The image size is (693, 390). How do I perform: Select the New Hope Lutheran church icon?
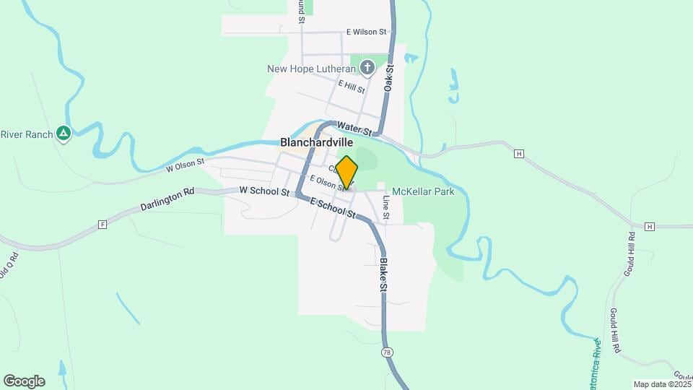pyautogui.click(x=367, y=69)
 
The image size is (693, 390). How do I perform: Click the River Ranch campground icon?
pyautogui.click(x=64, y=134)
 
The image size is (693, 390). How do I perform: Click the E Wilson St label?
pyautogui.click(x=366, y=32)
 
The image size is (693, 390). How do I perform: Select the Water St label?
pyautogui.click(x=354, y=129)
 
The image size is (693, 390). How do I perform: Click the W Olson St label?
pyautogui.click(x=186, y=166)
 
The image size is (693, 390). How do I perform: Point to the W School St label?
pyautogui.click(x=265, y=192)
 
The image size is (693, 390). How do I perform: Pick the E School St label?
pyautogui.click(x=334, y=208)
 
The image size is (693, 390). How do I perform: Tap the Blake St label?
pyautogui.click(x=384, y=274)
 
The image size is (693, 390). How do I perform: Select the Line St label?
pyautogui.click(x=386, y=207)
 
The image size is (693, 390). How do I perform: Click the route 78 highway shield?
pyautogui.click(x=388, y=352)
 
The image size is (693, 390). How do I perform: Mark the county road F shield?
pyautogui.click(x=102, y=225)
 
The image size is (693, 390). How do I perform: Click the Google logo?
pyautogui.click(x=24, y=381)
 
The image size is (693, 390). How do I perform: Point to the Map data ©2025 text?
pyautogui.click(x=662, y=384)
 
